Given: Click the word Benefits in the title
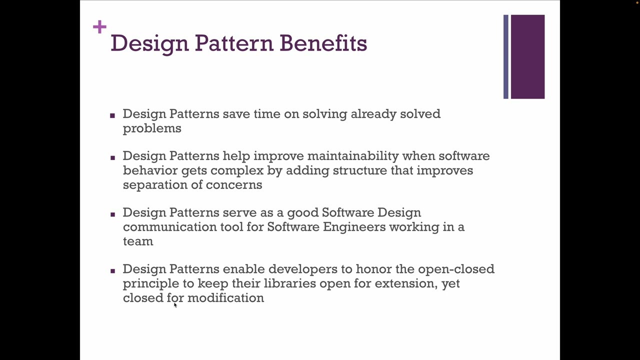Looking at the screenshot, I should click(x=323, y=43).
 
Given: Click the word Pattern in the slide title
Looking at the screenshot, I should click(x=234, y=43).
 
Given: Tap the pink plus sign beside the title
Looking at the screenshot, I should click(x=99, y=26).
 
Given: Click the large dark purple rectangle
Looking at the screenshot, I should click(x=527, y=56).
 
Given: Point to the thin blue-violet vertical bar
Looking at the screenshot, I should click(x=506, y=56).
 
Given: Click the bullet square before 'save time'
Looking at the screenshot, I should click(x=112, y=115).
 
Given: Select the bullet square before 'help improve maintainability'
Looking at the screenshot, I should click(x=112, y=157).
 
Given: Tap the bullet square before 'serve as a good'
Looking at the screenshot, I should click(x=112, y=214).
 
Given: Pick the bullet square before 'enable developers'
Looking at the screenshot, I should click(x=112, y=270).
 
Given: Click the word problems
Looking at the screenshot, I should click(x=152, y=128).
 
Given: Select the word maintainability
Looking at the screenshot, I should click(x=352, y=156).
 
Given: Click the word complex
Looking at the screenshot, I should click(x=236, y=170).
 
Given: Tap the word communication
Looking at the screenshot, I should click(x=169, y=227).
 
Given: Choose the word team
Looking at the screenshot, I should click(x=138, y=241).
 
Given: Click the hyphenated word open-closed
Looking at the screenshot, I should click(x=456, y=269).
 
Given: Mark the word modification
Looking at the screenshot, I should click(x=225, y=298).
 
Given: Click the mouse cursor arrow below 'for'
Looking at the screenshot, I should click(x=175, y=304).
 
